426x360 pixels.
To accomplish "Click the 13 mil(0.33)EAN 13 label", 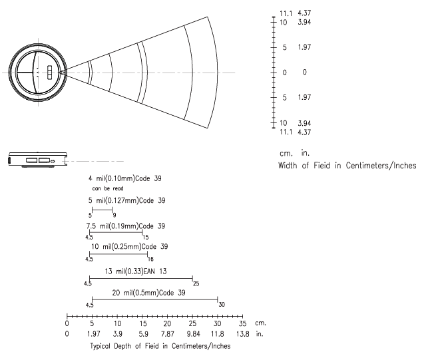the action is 136,271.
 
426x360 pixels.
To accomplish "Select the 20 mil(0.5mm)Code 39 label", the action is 148,293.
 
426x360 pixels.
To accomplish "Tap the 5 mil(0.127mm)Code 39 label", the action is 126,200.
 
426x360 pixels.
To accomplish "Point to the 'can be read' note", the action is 108,188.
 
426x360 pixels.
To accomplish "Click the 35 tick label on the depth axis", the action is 242,323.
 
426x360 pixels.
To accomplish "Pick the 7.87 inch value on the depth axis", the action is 167,333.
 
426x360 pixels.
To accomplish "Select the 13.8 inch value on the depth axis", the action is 242,333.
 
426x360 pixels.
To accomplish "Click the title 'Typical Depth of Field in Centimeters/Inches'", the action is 160,346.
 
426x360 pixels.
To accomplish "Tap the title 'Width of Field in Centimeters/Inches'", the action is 347,166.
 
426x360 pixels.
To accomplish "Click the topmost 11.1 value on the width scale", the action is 286,13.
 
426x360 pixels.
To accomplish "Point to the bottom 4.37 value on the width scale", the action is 304,132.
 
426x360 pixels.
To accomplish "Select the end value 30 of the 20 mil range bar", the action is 222,305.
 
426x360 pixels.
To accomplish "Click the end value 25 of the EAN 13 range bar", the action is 196,283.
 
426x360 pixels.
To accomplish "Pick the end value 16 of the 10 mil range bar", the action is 150,260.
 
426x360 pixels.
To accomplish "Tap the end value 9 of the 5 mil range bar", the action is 114,215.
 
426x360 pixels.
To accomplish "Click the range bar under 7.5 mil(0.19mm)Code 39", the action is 116,232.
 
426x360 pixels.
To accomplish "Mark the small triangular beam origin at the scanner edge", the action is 63,73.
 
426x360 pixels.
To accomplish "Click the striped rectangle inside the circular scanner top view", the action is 49,73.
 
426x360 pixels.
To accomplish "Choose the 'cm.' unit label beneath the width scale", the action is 286,154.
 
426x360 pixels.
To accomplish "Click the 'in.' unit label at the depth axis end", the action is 260,333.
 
